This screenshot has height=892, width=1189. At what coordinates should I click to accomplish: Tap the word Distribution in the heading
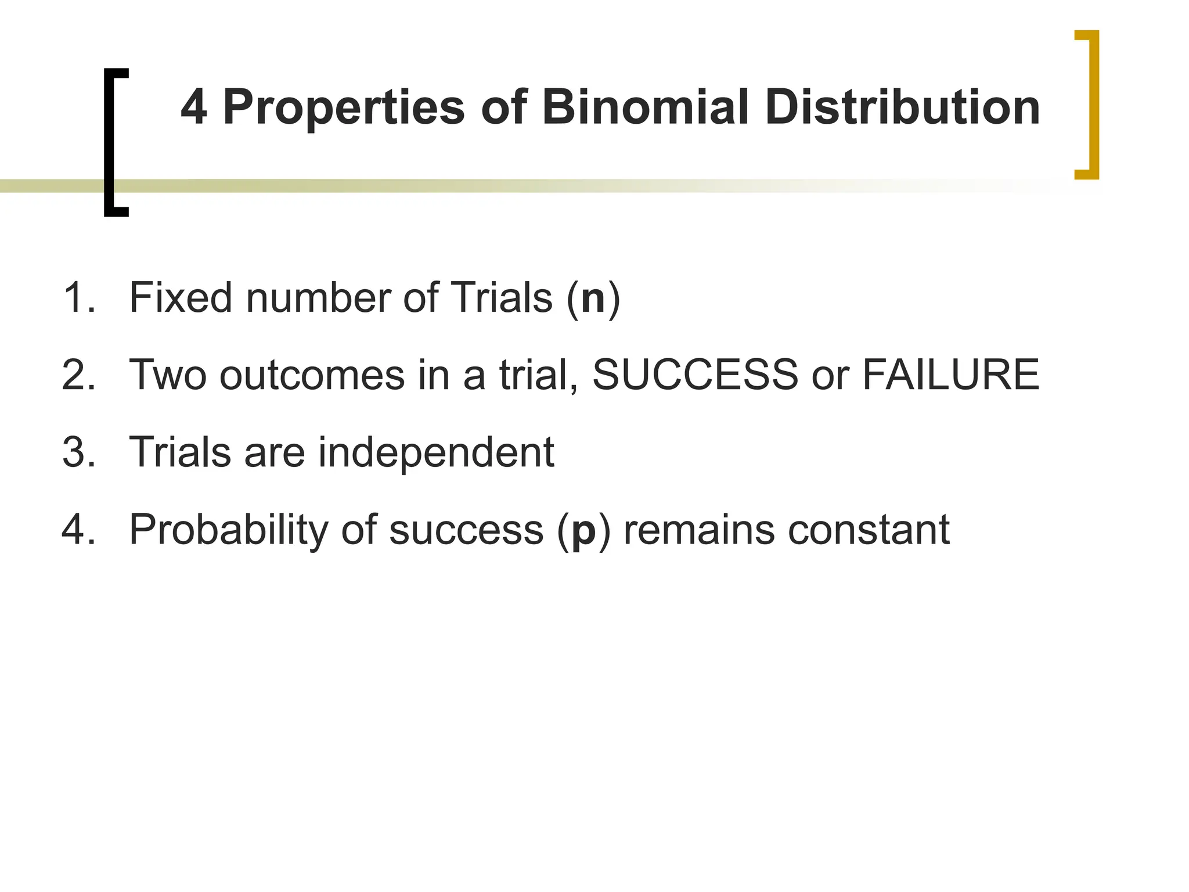[902, 107]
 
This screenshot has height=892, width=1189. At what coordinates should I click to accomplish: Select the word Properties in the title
[344, 109]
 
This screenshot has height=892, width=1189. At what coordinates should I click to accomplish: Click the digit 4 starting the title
[194, 107]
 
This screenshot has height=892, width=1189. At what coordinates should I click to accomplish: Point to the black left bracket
[110, 142]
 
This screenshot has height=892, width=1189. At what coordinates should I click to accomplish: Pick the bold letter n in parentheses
[593, 298]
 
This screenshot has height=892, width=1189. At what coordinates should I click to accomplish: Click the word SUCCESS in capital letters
[695, 375]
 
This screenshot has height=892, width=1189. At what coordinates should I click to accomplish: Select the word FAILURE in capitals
[950, 375]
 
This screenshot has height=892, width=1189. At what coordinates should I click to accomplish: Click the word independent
[436, 453]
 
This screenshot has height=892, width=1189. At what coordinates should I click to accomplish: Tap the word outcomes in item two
[312, 376]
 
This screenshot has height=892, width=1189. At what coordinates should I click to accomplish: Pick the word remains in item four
[698, 530]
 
